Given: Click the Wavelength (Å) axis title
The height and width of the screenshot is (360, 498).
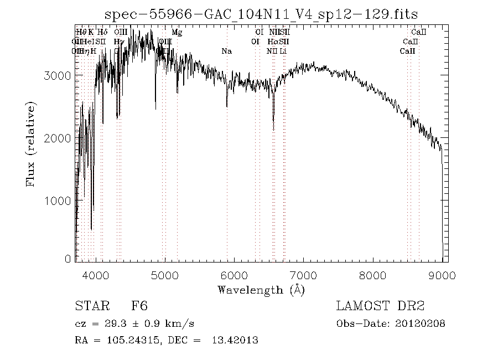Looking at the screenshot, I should click(261, 290).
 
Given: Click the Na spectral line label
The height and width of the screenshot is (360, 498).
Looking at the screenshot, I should click(226, 52).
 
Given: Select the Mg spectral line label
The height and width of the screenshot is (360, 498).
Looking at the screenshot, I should click(177, 33).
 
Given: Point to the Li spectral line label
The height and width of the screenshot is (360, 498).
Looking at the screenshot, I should click(283, 52).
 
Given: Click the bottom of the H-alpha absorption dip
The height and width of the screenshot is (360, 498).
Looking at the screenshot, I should click(273, 130).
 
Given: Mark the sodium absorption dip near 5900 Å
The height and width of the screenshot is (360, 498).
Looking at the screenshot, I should click(227, 106).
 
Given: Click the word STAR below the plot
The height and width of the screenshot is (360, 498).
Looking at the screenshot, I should click(89, 306).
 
